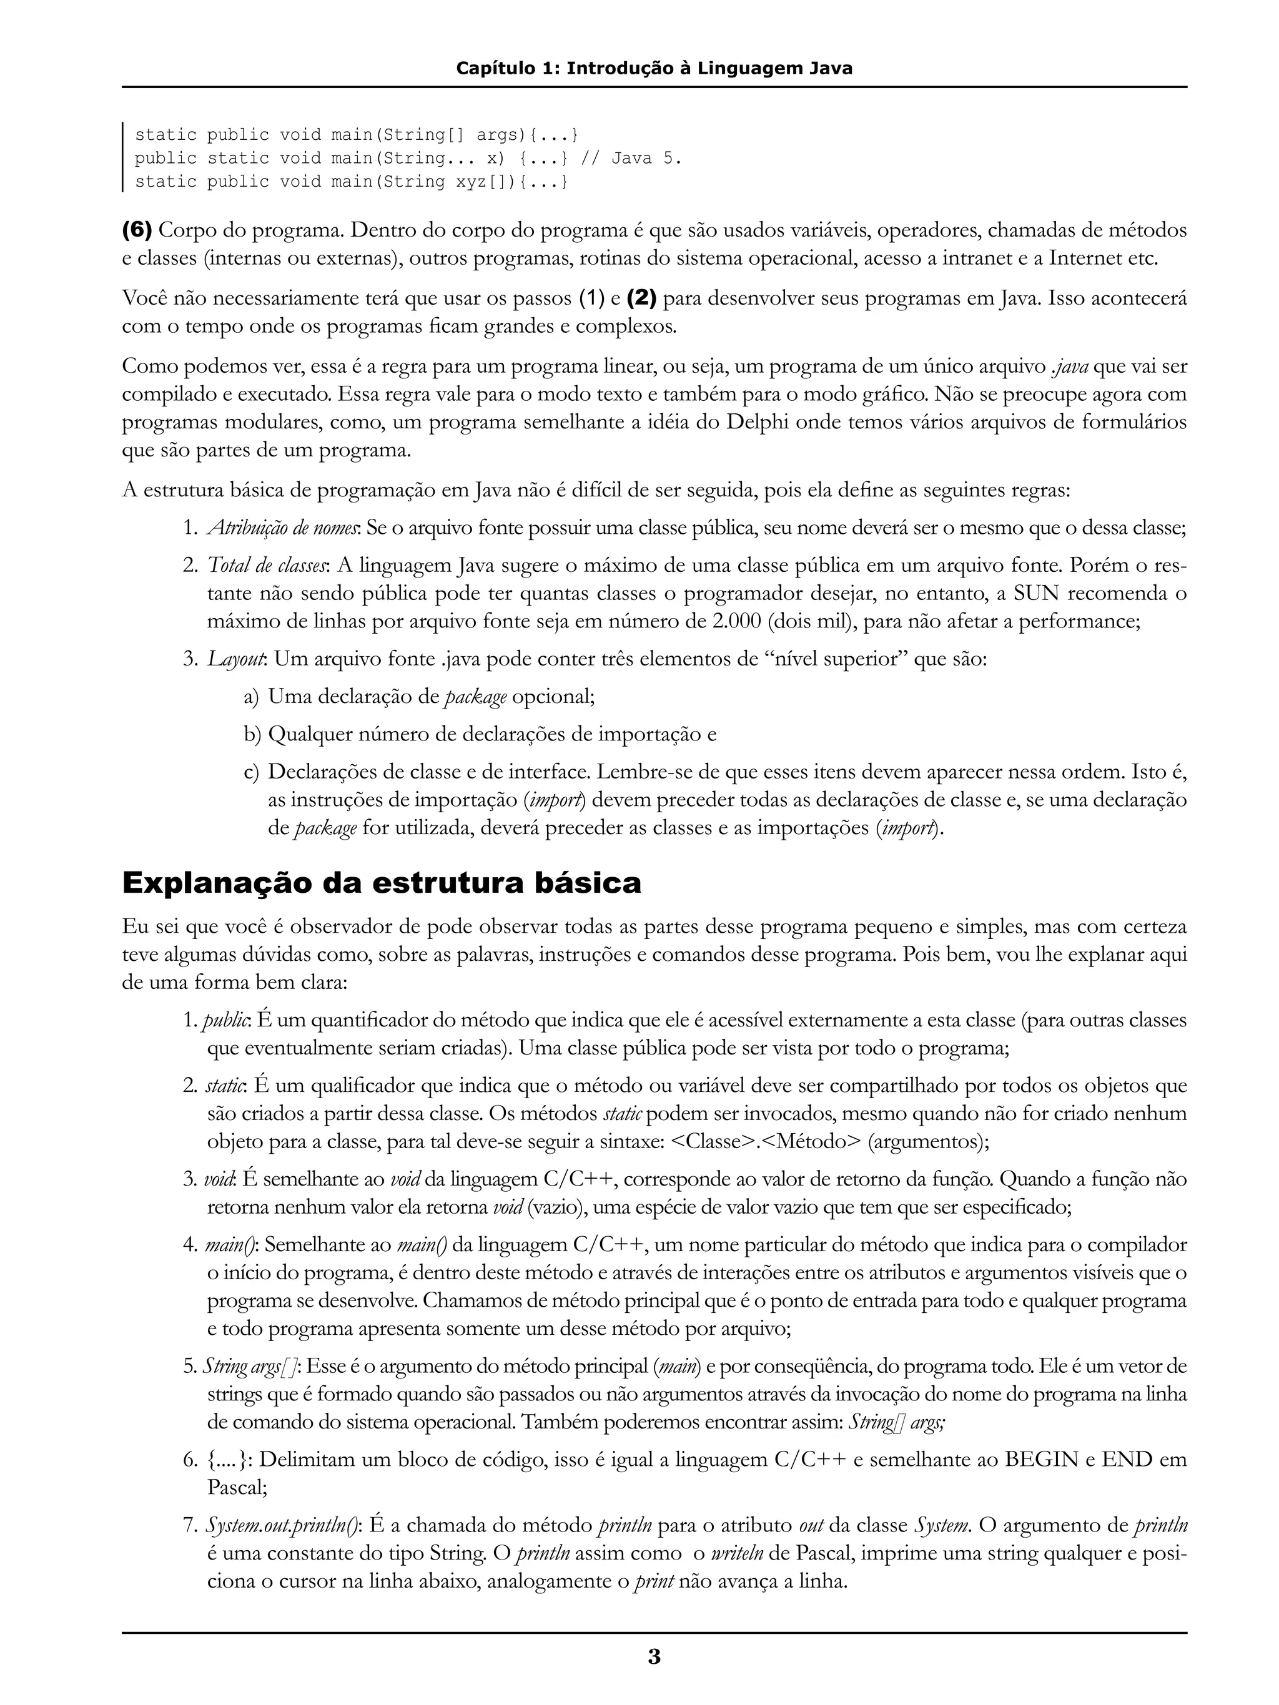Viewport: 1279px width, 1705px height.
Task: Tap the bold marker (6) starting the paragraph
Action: click(137, 230)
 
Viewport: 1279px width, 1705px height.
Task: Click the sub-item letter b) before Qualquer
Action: click(253, 734)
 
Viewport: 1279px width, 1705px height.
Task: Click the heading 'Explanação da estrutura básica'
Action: click(382, 883)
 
